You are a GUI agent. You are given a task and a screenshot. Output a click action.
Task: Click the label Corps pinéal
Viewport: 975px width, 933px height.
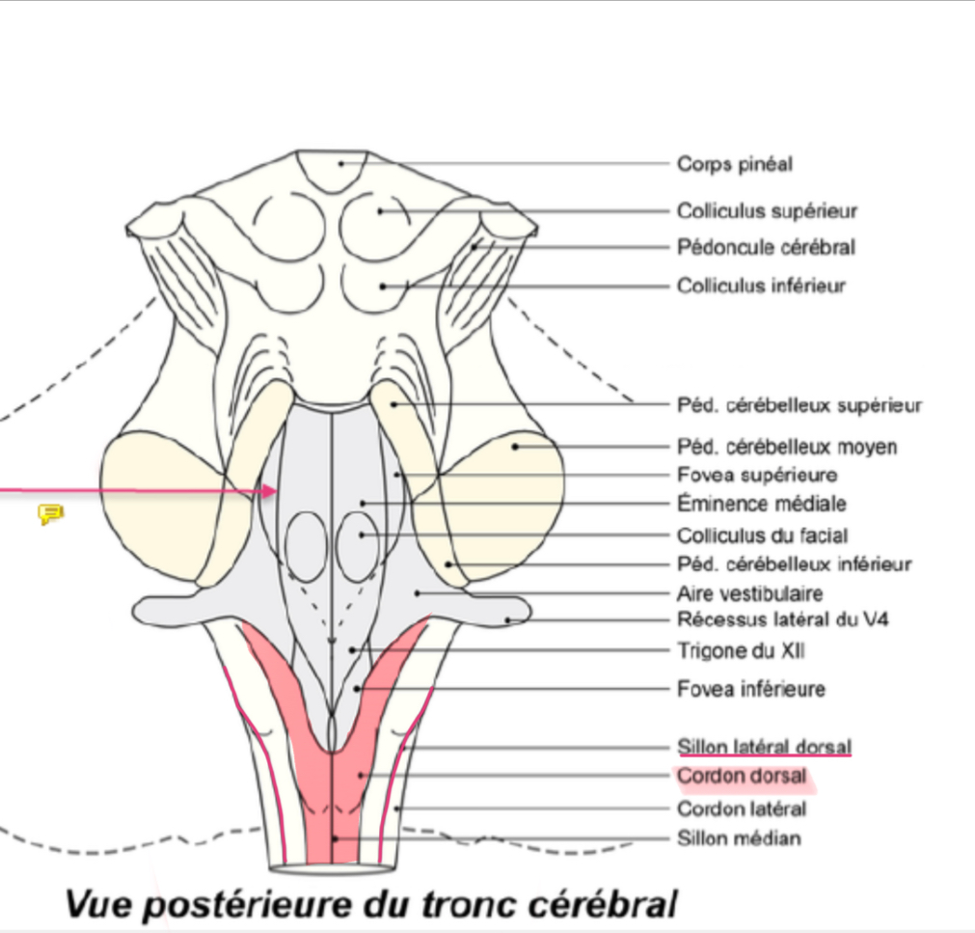734,164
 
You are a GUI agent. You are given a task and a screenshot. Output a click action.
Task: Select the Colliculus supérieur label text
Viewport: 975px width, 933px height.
767,211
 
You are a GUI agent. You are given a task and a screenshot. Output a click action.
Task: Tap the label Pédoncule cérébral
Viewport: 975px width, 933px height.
766,248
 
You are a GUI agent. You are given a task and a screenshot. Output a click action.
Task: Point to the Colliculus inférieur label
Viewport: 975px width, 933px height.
761,286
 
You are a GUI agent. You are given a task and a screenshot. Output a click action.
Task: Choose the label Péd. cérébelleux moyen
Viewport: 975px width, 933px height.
787,447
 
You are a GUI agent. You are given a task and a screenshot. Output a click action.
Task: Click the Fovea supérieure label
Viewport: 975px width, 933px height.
757,475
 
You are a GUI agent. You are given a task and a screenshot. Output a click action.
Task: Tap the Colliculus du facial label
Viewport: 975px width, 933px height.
763,535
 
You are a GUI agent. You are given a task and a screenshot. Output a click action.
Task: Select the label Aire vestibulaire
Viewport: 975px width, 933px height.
750,593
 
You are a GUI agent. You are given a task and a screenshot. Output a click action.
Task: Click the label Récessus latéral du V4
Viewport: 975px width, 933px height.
782,619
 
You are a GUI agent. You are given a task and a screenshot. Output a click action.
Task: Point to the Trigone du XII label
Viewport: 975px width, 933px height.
741,651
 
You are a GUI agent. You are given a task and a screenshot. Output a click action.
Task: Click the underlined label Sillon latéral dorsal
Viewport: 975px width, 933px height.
764,747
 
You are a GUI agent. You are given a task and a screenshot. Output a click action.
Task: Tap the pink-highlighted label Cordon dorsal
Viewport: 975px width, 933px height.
741,777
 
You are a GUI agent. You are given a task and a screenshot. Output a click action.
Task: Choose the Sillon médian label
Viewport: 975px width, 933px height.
739,838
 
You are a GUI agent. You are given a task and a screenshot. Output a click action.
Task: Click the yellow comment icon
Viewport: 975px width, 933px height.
50,513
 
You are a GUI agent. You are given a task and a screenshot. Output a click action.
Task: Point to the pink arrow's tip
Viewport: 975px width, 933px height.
277,492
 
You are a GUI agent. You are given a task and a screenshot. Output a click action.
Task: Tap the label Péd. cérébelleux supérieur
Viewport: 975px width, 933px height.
799,405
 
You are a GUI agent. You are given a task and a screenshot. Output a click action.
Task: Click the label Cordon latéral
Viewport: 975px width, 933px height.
741,809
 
